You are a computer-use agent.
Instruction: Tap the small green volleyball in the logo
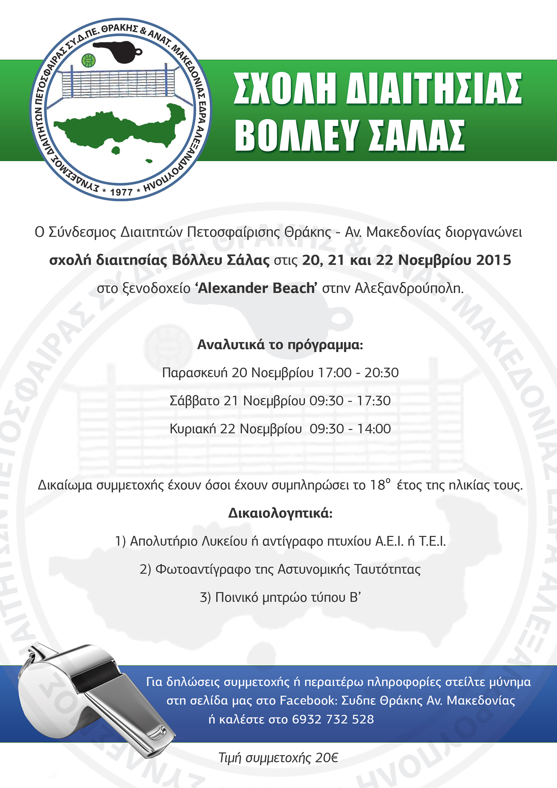pyautogui.click(x=88, y=60)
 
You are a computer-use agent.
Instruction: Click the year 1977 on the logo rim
pyautogui.click(x=121, y=192)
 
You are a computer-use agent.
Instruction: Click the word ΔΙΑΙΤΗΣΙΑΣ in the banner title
pyautogui.click(x=434, y=89)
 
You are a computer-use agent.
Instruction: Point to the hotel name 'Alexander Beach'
pyautogui.click(x=256, y=289)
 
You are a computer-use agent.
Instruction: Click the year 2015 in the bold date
pyautogui.click(x=494, y=260)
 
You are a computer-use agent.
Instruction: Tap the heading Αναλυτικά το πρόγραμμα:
pyautogui.click(x=280, y=345)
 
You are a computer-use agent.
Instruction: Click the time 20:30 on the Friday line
pyautogui.click(x=381, y=372)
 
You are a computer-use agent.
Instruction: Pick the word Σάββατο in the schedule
pyautogui.click(x=194, y=401)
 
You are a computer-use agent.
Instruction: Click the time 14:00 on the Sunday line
pyautogui.click(x=374, y=429)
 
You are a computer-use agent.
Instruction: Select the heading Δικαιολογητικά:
pyautogui.click(x=280, y=513)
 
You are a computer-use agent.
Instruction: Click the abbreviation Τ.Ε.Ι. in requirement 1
pyautogui.click(x=432, y=541)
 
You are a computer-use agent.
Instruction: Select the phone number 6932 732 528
pyautogui.click(x=333, y=719)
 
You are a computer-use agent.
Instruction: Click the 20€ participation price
pyautogui.click(x=327, y=758)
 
